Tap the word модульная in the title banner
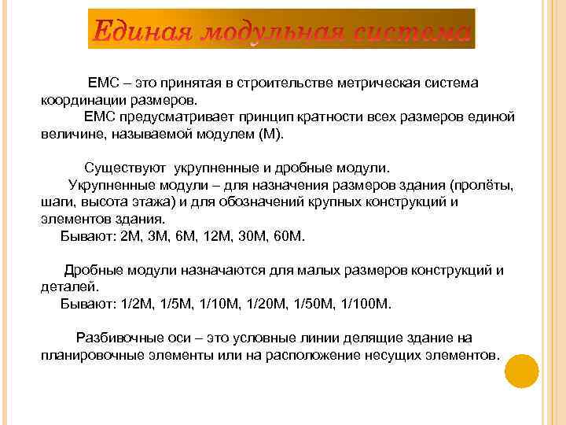(x=272, y=34)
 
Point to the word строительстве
(x=288, y=83)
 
